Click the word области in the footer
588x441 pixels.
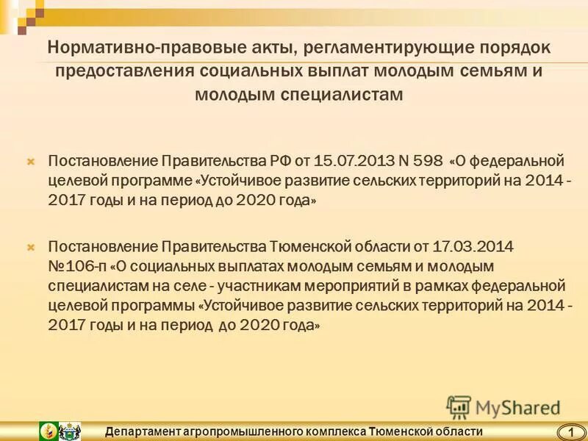tap(457, 431)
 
